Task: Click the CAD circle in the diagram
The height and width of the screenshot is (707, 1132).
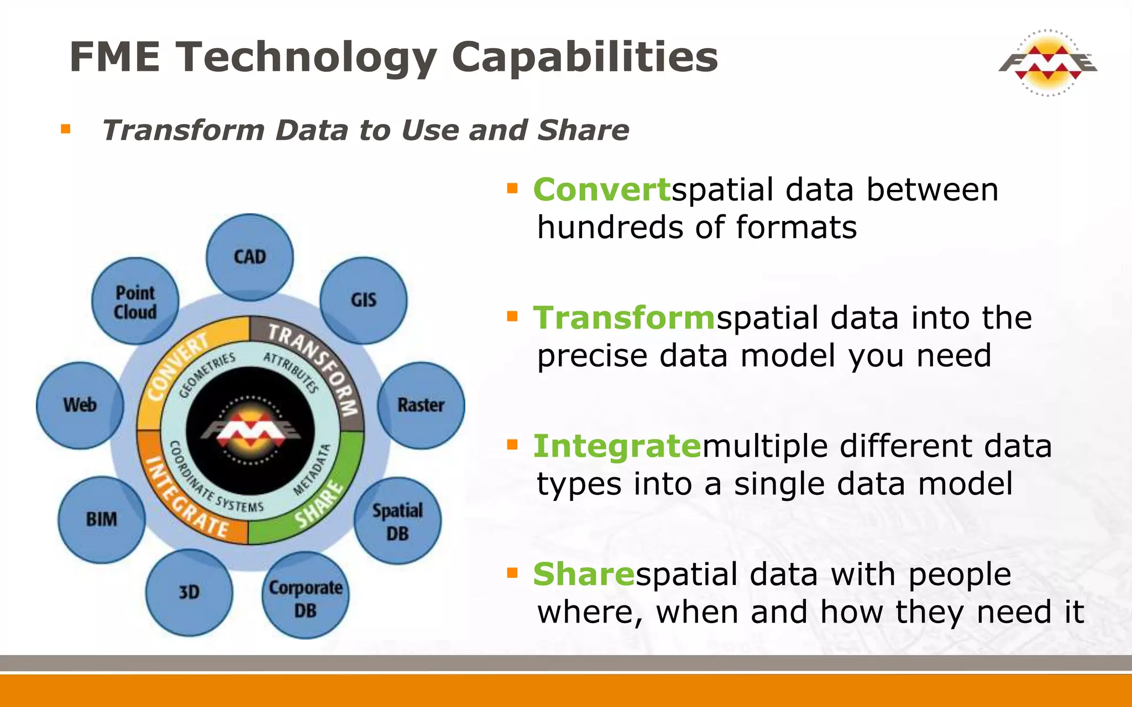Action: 250,257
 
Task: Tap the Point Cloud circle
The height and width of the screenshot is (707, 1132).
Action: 135,302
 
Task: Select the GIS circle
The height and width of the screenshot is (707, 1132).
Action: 363,300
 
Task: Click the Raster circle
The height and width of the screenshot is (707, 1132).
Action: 421,405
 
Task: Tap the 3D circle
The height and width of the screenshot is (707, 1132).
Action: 189,592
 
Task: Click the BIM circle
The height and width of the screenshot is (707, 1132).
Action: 102,519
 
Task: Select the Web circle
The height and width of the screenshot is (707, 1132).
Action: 80,405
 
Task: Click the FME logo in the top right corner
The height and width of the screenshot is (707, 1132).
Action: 1047,62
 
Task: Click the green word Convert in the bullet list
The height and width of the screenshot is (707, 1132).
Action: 601,189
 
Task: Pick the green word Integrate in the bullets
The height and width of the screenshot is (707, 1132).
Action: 617,446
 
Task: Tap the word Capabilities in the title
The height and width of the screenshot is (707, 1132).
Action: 584,57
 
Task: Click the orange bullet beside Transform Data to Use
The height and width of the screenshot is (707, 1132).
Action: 66,130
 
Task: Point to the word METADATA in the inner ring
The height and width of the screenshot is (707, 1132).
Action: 312,469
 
